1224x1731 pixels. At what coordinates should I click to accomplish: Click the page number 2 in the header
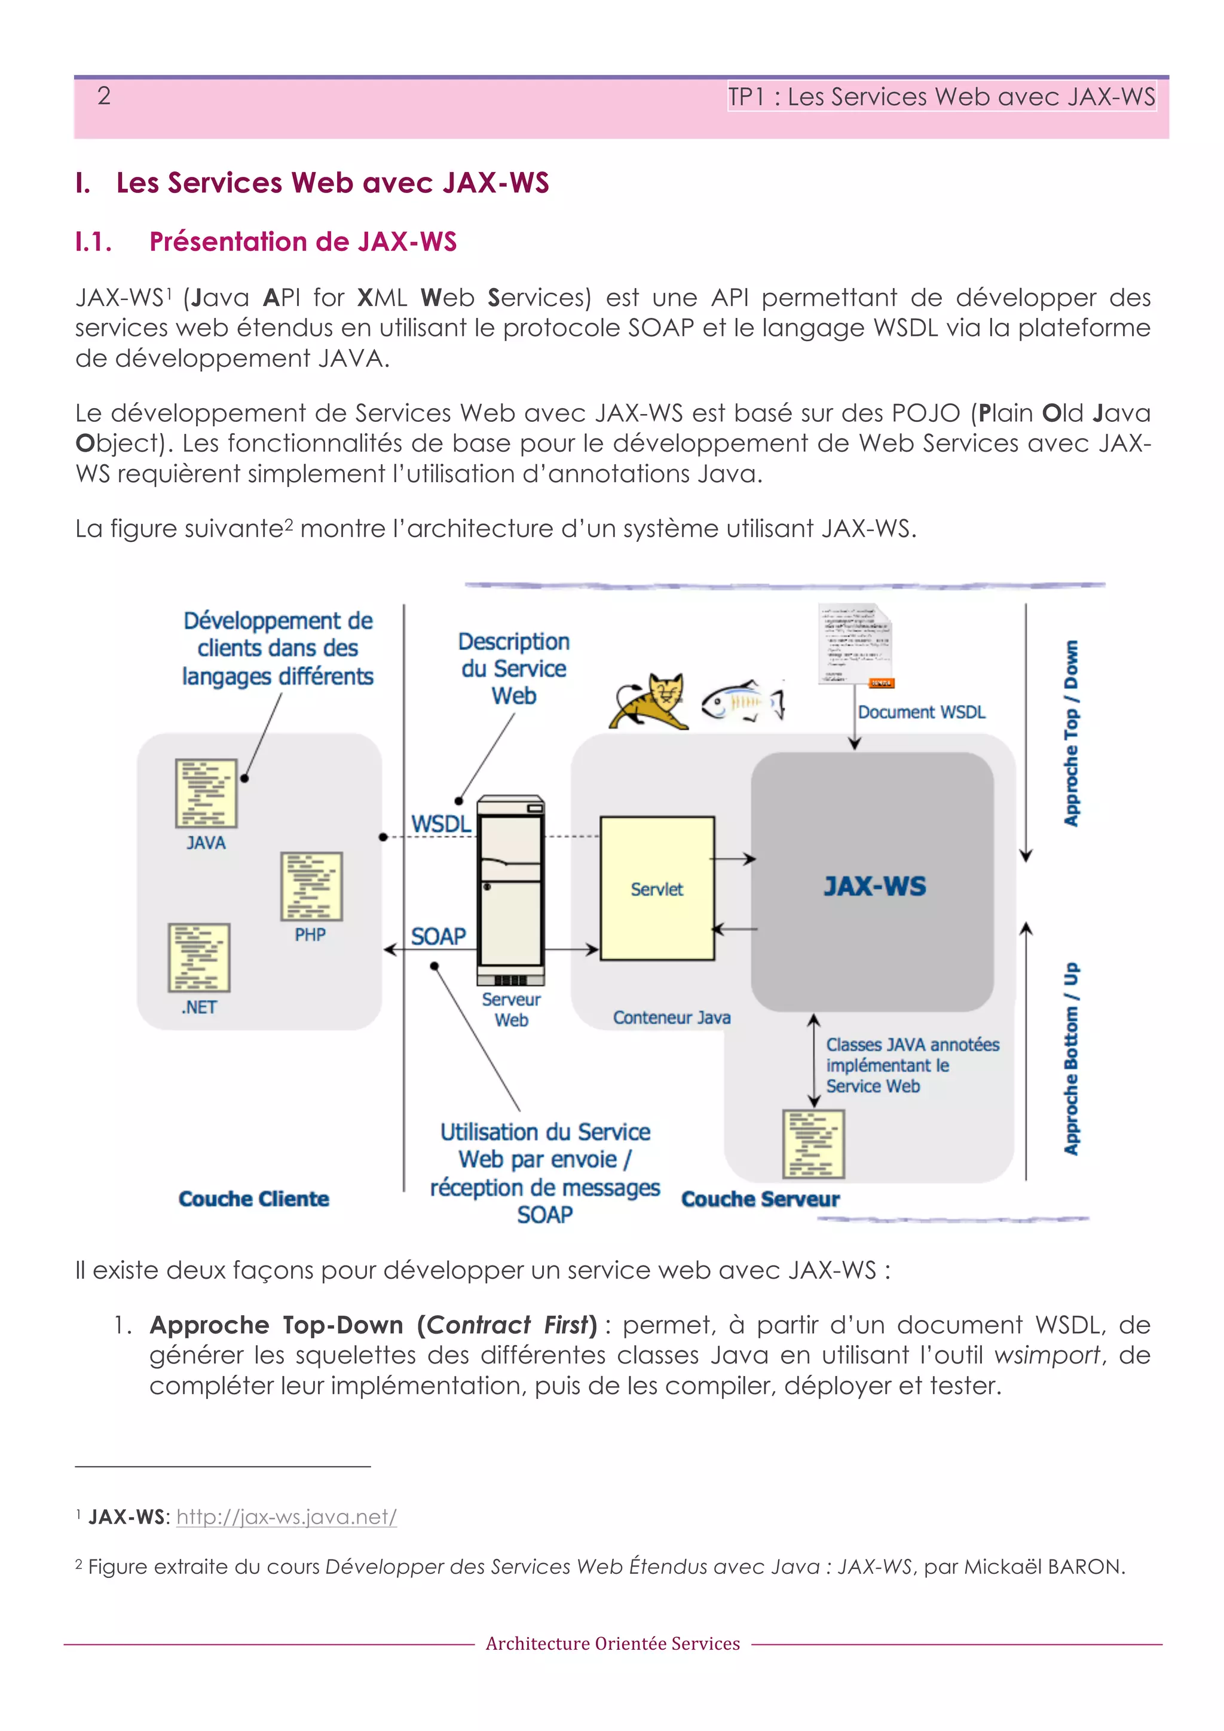[x=104, y=96]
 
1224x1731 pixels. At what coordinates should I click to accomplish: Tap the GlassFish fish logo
[x=743, y=701]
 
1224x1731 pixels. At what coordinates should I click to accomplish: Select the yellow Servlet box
[x=656, y=888]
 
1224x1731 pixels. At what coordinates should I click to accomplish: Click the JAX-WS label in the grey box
[x=874, y=886]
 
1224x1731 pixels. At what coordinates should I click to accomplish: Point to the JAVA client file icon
[x=206, y=793]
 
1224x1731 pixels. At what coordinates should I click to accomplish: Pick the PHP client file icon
[x=311, y=887]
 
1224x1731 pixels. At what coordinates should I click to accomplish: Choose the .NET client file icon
[x=199, y=957]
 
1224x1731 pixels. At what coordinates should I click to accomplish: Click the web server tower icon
[x=510, y=890]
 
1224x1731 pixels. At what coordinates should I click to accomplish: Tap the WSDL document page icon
[x=855, y=645]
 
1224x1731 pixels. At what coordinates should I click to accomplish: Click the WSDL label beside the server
[x=441, y=824]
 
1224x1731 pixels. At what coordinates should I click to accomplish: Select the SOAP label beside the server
[x=438, y=936]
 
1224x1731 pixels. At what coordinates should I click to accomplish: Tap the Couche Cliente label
[x=253, y=1199]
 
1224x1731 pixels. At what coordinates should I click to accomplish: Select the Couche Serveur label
[x=760, y=1199]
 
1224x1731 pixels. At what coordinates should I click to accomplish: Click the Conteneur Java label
[x=671, y=1018]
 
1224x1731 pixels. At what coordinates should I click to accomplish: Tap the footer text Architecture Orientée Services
[x=613, y=1644]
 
